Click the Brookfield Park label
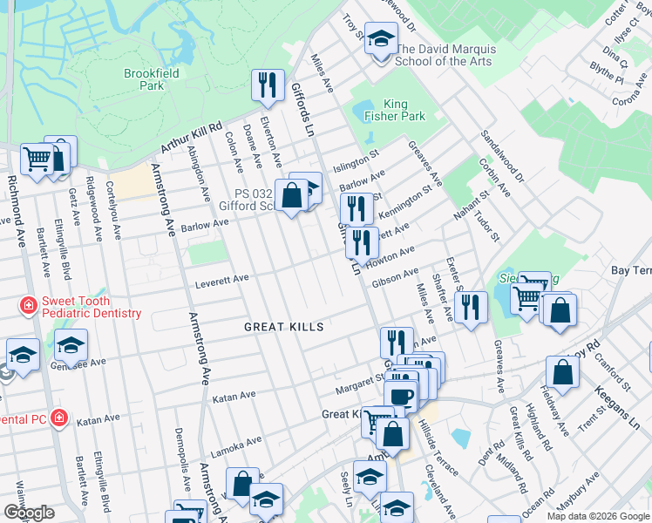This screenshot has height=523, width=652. pos(152,79)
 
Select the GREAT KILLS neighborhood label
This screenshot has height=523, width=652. pos(283,327)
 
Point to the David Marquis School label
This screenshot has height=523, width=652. pos(443,55)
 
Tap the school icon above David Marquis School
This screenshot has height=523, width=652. pos(381,38)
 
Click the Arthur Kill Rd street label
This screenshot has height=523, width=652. pos(192,138)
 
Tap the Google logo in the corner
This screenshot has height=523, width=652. pos(29,513)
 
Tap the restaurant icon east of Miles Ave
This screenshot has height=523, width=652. pos(471,307)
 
